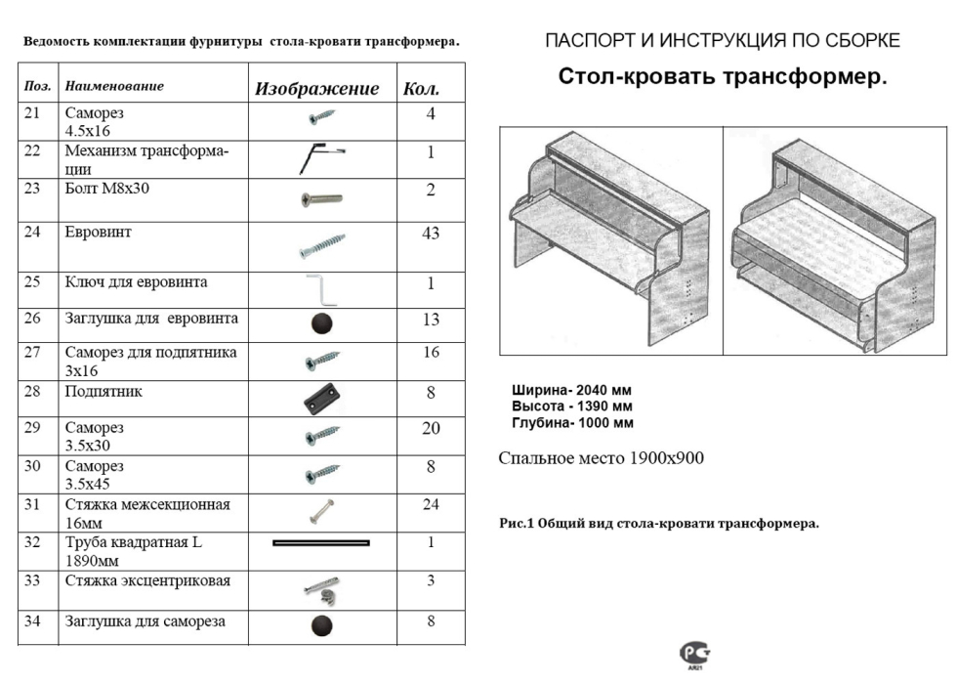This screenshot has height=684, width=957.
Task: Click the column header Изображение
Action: [x=316, y=89]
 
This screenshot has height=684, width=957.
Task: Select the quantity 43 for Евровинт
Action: [x=431, y=234]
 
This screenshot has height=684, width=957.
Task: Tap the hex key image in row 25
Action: [x=320, y=289]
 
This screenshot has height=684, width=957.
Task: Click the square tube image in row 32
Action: [x=321, y=541]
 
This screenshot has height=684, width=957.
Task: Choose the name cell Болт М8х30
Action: [x=107, y=189]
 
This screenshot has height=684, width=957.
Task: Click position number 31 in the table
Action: [x=32, y=505]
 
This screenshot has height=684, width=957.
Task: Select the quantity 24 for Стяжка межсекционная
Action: [x=431, y=505]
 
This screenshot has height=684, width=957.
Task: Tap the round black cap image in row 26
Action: [x=321, y=323]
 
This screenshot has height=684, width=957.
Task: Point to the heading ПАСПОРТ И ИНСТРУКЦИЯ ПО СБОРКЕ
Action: [x=722, y=41]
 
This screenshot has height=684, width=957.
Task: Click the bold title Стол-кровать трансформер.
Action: [x=723, y=77]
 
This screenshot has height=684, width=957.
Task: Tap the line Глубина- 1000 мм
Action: [x=572, y=423]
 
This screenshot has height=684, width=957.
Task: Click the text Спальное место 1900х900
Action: [x=601, y=458]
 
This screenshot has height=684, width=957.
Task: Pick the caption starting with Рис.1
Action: [x=659, y=524]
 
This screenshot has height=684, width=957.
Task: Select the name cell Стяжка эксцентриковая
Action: [x=147, y=581]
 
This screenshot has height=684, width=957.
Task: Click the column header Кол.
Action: [x=421, y=89]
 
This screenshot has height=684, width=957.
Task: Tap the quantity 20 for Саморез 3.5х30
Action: [x=431, y=429]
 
